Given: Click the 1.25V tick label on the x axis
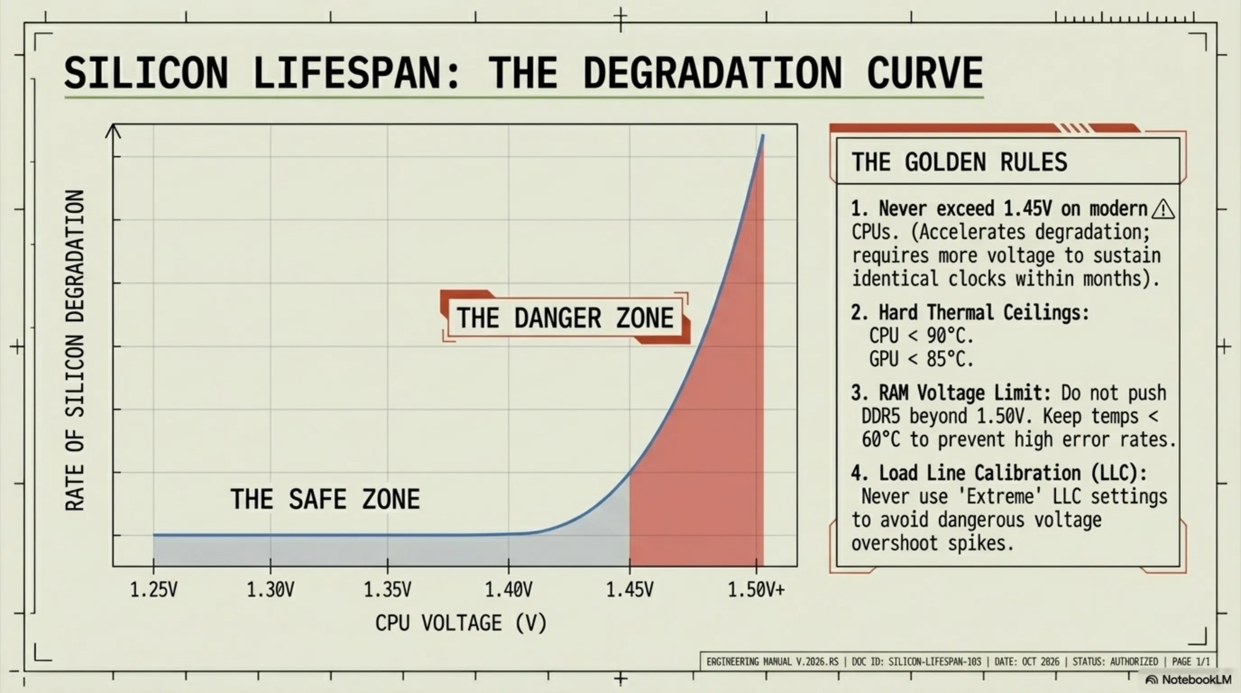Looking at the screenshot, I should pyautogui.click(x=154, y=589).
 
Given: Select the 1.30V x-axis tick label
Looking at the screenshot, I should pyautogui.click(x=270, y=589).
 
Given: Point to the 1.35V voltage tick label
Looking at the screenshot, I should pyautogui.click(x=387, y=589).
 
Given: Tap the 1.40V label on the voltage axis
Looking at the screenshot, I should pyautogui.click(x=509, y=589).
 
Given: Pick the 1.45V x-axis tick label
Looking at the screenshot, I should pyautogui.click(x=630, y=589).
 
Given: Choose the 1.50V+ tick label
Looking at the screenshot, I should pyautogui.click(x=756, y=589).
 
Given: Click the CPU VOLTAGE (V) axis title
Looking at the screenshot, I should pyautogui.click(x=461, y=623).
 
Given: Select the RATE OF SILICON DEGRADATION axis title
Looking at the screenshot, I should pyautogui.click(x=75, y=351).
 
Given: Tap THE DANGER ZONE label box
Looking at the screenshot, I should pyautogui.click(x=565, y=318).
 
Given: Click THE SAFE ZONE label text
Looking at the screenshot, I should pyautogui.click(x=325, y=499).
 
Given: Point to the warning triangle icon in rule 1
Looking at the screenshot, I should pyautogui.click(x=1163, y=209).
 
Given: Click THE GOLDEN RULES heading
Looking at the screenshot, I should pyautogui.click(x=959, y=162).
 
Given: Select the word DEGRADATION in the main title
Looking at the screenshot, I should pyautogui.click(x=712, y=73).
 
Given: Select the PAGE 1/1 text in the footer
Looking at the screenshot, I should pyautogui.click(x=1190, y=662).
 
